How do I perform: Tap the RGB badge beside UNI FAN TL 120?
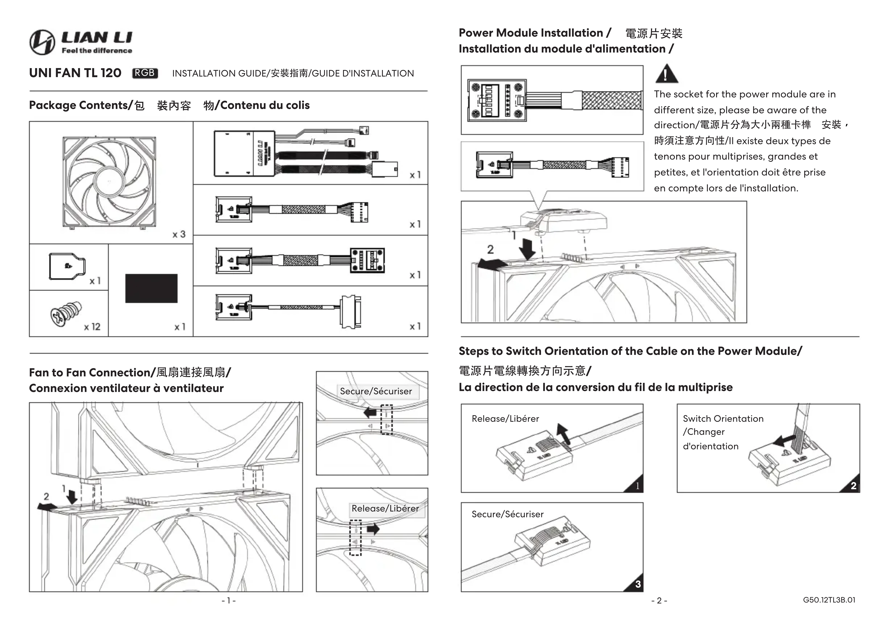click(x=145, y=73)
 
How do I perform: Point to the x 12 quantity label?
click(x=92, y=327)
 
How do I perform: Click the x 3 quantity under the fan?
click(x=179, y=234)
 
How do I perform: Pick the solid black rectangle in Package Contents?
click(x=151, y=288)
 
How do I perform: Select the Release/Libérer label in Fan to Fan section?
click(x=385, y=508)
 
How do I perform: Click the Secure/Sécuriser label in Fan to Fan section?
click(x=376, y=391)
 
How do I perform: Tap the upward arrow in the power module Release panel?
click(x=563, y=433)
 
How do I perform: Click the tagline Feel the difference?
click(x=97, y=51)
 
